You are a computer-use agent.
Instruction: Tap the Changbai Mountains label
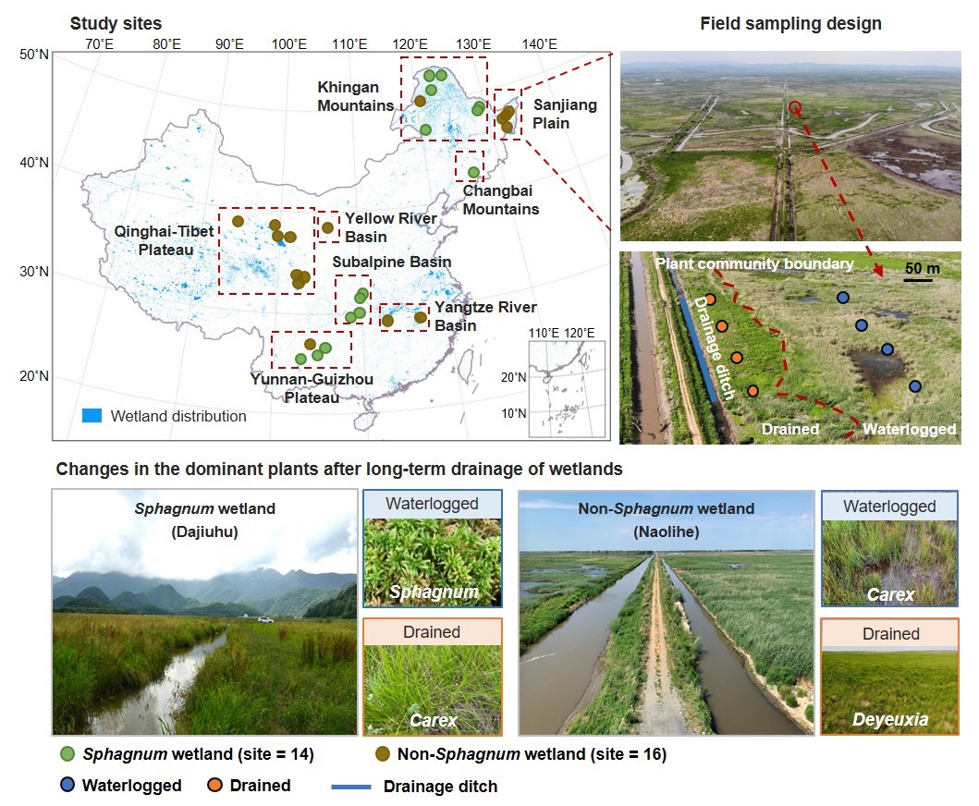[x=500, y=201]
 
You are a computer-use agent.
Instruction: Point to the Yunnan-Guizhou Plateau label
[x=293, y=387]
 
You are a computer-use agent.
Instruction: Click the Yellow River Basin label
[x=391, y=226]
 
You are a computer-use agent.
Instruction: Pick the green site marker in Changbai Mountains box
[x=473, y=172]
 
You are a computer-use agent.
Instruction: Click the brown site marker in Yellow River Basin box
[x=327, y=227]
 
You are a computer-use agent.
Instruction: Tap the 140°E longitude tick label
[x=539, y=44]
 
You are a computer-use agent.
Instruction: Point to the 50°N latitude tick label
[x=33, y=55]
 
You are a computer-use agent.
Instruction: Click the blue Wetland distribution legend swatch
[x=91, y=416]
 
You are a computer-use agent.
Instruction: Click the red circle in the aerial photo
[x=795, y=107]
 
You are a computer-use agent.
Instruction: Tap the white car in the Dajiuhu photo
[x=265, y=619]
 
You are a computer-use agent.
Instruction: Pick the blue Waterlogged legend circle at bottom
[x=67, y=786]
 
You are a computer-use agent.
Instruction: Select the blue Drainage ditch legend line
[x=349, y=787]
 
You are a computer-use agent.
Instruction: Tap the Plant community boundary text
[x=753, y=264]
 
